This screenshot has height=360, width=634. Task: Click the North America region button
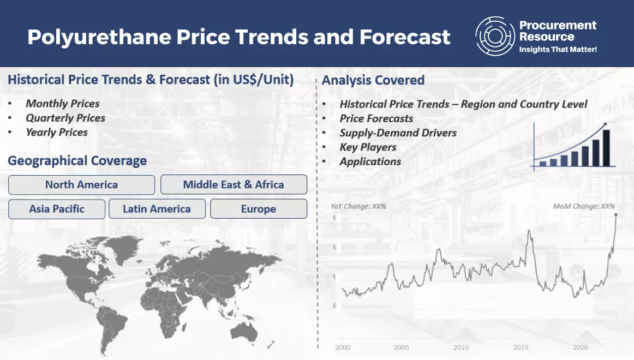pos(81,185)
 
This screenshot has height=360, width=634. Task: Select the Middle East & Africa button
pos(234,185)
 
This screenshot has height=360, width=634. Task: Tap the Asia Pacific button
pos(57,209)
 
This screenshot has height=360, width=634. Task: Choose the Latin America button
pos(157,209)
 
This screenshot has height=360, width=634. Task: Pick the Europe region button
pos(258,209)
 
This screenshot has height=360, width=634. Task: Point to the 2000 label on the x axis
pos(343,347)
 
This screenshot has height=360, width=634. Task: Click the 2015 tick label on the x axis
pos(520,347)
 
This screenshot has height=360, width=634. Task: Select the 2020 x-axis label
pos(580,347)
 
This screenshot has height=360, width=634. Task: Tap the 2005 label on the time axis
pos(402,347)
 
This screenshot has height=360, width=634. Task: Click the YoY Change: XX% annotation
pos(358,207)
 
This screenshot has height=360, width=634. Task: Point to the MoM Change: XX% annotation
pos(584,207)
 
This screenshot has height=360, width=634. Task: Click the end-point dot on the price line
pos(616,215)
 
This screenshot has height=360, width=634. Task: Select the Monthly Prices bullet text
pos(63,104)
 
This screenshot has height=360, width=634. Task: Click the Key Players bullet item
pos(368,147)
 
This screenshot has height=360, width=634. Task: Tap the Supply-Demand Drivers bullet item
pos(398,133)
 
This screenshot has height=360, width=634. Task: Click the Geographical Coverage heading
pos(77,161)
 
